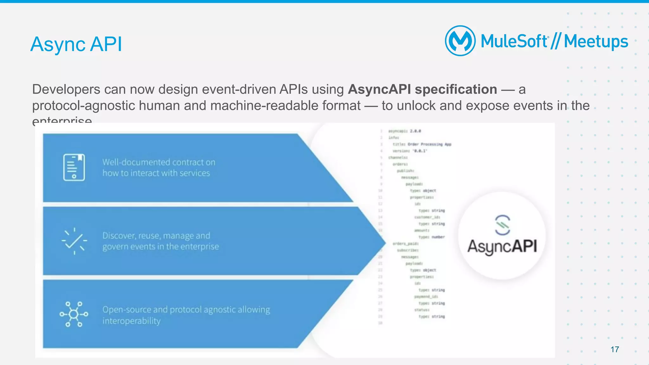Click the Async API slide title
tap(76, 44)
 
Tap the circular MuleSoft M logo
tap(460, 41)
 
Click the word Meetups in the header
tap(596, 41)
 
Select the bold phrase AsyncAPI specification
tap(422, 90)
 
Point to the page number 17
tap(614, 349)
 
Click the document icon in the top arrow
tap(74, 167)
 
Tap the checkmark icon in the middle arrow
tap(74, 241)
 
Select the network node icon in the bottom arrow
tap(74, 314)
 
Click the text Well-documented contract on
tap(159, 162)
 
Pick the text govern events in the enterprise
tap(160, 247)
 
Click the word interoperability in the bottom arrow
tap(131, 321)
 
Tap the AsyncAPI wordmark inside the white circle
tap(502, 247)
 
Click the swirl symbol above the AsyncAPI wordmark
tap(502, 225)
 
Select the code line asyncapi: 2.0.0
tap(405, 131)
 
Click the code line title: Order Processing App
tap(422, 144)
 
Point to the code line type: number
tap(432, 237)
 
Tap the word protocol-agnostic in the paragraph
tap(83, 106)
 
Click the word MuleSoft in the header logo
tap(514, 41)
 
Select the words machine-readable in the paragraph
tap(285, 106)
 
